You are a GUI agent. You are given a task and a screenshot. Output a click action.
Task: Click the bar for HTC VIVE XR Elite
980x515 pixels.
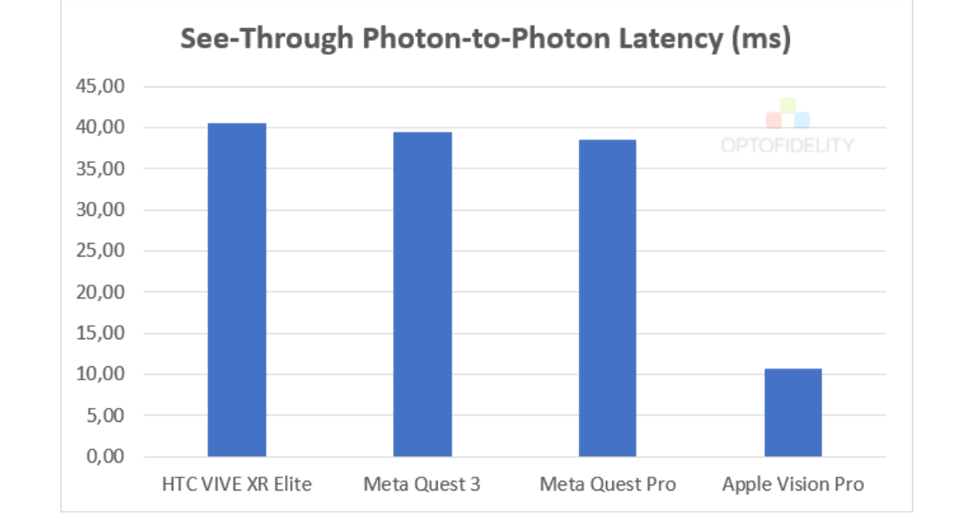[237, 289]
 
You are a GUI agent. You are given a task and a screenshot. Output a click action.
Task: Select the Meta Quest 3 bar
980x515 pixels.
[422, 294]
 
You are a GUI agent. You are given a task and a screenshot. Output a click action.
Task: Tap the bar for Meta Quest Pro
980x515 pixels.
[608, 298]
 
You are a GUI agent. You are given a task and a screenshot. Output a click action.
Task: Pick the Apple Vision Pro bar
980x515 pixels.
[792, 412]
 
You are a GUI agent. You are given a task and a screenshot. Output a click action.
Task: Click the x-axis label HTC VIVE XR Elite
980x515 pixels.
[237, 485]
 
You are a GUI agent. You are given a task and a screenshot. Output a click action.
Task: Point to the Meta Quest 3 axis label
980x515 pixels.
[422, 485]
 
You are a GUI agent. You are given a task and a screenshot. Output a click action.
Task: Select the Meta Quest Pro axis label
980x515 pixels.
[608, 485]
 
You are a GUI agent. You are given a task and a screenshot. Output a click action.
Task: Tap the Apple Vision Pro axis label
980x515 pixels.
[792, 485]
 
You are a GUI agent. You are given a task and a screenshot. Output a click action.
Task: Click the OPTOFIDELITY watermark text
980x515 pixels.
[786, 146]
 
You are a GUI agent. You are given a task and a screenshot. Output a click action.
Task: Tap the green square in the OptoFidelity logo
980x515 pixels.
[787, 105]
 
